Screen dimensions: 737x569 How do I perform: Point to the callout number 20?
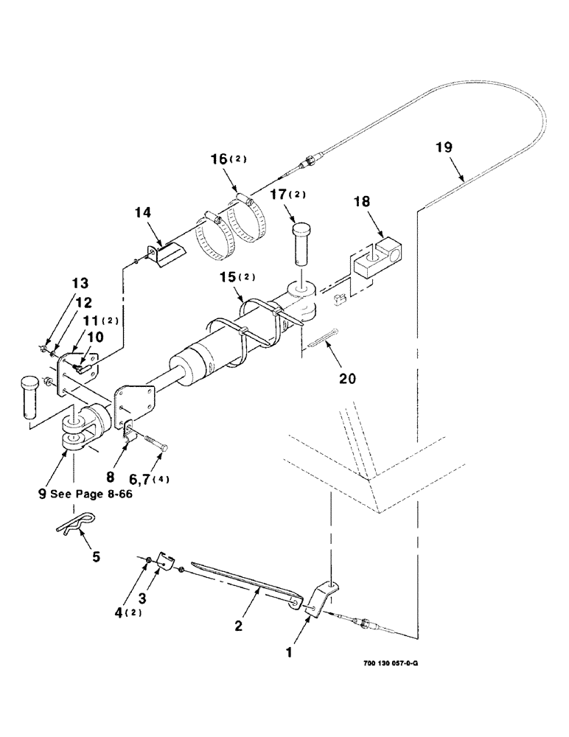pos(347,379)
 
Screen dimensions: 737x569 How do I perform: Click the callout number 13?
pos(80,283)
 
